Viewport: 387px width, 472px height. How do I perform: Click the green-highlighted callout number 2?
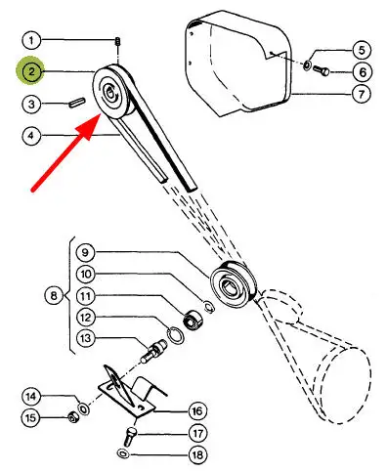tap(30, 70)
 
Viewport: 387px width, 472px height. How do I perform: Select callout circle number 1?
tap(31, 40)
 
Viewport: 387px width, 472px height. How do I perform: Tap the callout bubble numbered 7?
tap(362, 94)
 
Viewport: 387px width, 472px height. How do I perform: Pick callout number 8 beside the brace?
tap(54, 296)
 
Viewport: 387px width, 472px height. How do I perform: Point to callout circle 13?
tap(86, 338)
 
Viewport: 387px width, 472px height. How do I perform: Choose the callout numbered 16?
tap(197, 411)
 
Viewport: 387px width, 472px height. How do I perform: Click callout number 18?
tap(197, 454)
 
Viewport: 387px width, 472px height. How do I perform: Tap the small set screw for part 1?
tap(117, 42)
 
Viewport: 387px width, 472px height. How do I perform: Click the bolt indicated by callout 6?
tap(321, 70)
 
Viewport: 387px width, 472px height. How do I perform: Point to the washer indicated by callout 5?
tap(307, 65)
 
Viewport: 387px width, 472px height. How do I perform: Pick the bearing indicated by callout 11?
tap(193, 320)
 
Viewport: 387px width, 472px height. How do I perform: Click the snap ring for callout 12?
tap(174, 335)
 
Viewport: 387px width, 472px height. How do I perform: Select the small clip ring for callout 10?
tap(209, 308)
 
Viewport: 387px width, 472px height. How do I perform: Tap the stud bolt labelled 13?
tap(153, 352)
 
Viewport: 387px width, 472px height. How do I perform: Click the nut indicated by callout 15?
tap(72, 417)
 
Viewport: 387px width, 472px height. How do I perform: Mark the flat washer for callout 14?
tap(84, 408)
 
